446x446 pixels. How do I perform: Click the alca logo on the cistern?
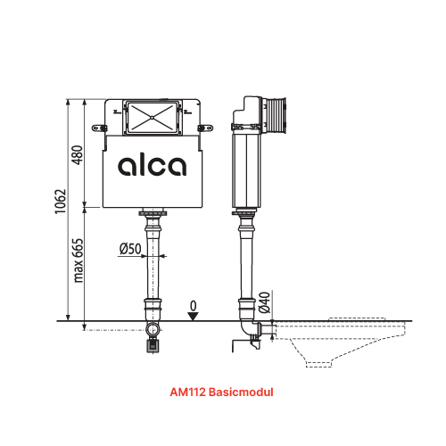[152, 166]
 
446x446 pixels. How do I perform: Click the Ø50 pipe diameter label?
[130, 249]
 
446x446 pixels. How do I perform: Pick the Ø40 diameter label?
[264, 302]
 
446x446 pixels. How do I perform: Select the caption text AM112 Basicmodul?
[219, 391]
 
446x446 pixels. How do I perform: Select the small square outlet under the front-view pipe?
[152, 341]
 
